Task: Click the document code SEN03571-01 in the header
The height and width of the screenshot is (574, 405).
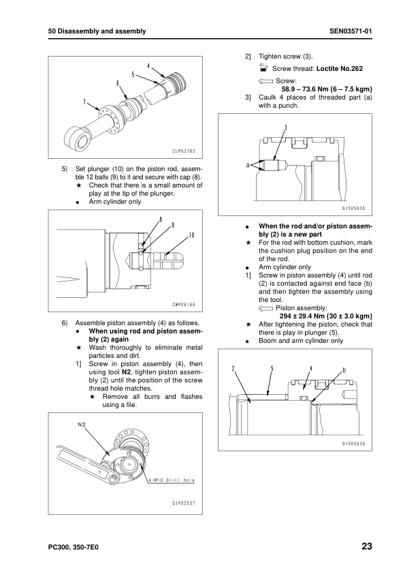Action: pos(351,31)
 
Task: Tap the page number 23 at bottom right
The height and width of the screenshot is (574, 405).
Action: pos(367,547)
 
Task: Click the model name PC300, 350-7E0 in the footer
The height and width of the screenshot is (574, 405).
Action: pos(73,547)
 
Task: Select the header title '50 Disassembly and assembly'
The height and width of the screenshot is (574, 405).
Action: pos(97,31)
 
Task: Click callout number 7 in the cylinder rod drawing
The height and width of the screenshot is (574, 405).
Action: pos(84,102)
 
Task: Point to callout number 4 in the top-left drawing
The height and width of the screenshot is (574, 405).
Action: pos(148,66)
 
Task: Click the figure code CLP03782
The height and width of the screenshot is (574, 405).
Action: pos(184,151)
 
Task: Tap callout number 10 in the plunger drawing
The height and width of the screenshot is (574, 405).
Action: pos(192,235)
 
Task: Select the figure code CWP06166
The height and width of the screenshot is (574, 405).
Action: pos(184,305)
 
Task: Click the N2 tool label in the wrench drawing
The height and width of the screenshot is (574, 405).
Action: pos(82,425)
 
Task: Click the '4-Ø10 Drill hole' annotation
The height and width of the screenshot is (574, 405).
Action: pos(172,481)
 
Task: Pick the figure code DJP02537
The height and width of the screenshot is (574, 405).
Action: pos(184,503)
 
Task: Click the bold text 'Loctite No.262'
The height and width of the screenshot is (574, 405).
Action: pos(340,68)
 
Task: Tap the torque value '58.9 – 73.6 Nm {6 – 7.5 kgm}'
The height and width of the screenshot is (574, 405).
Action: pos(327,89)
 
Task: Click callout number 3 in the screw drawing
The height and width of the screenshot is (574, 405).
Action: pos(286,127)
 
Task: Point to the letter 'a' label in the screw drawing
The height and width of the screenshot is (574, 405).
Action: pos(248,165)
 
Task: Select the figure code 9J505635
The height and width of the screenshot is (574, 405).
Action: pos(353,209)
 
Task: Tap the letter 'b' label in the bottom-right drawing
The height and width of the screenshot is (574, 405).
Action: pos(344,370)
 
